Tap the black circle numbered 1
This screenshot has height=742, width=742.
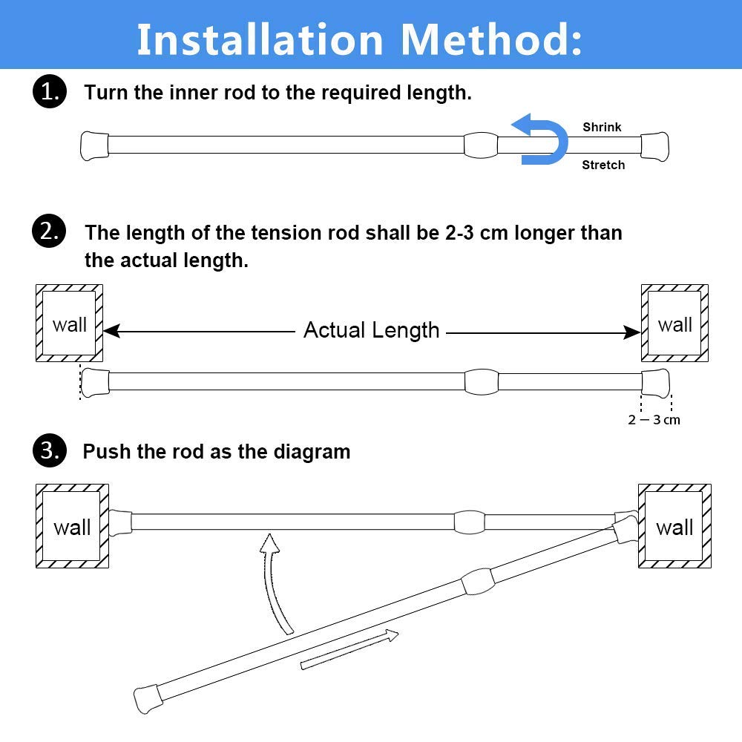49,93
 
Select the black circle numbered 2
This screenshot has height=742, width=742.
49,232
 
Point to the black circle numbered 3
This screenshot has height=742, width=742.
49,451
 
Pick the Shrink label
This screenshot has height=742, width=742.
602,127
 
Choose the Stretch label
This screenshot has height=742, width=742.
603,165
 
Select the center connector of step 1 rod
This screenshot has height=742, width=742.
481,145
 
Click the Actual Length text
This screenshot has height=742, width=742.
371,330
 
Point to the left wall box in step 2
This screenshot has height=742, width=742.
70,324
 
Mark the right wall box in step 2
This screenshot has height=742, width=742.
674,324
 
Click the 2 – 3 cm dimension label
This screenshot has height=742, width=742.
654,420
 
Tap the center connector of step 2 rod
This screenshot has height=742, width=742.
481,381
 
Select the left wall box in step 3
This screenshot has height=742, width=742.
72,527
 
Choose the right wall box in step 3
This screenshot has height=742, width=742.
674,527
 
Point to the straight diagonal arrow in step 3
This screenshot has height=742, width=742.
349,649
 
